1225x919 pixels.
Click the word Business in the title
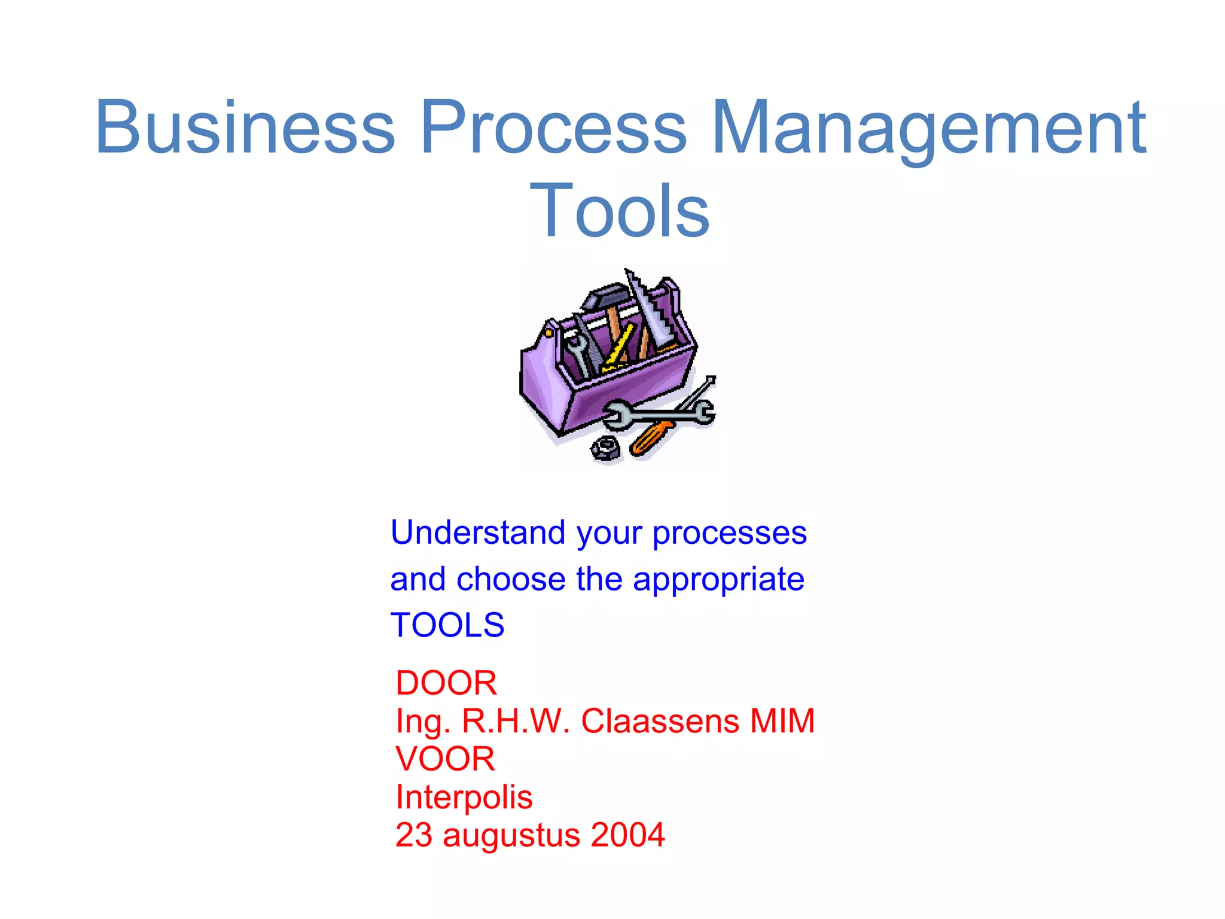click(245, 127)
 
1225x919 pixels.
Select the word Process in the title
click(553, 127)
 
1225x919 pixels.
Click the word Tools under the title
click(620, 211)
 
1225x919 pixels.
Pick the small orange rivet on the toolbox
click(548, 331)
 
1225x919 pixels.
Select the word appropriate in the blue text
click(718, 579)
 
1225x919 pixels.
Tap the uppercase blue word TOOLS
click(447, 625)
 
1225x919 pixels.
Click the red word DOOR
click(446, 683)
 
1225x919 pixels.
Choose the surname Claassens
click(660, 720)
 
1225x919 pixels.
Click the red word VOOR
click(445, 759)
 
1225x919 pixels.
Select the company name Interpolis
click(464, 797)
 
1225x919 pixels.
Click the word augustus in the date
click(511, 836)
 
